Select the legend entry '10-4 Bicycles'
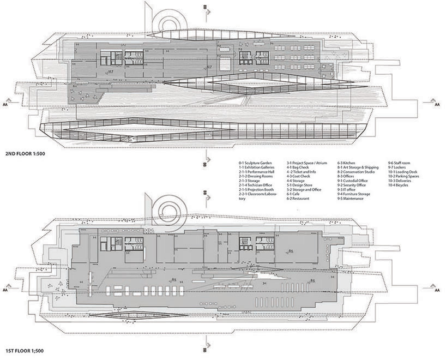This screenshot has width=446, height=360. [x=399, y=185]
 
